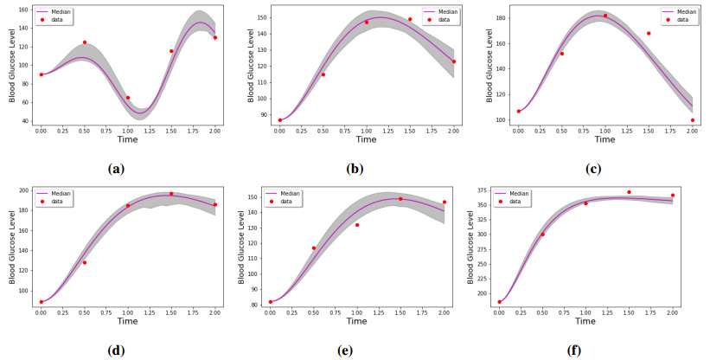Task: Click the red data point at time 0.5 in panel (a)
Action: [85, 42]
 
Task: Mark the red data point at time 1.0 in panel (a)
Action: [128, 98]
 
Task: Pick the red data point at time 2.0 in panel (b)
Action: [454, 61]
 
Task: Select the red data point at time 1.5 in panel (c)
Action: [649, 34]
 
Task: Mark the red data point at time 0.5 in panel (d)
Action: [85, 262]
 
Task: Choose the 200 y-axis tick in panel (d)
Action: [28, 190]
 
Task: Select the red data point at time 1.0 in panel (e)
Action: [357, 225]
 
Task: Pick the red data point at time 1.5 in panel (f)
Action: [630, 192]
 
